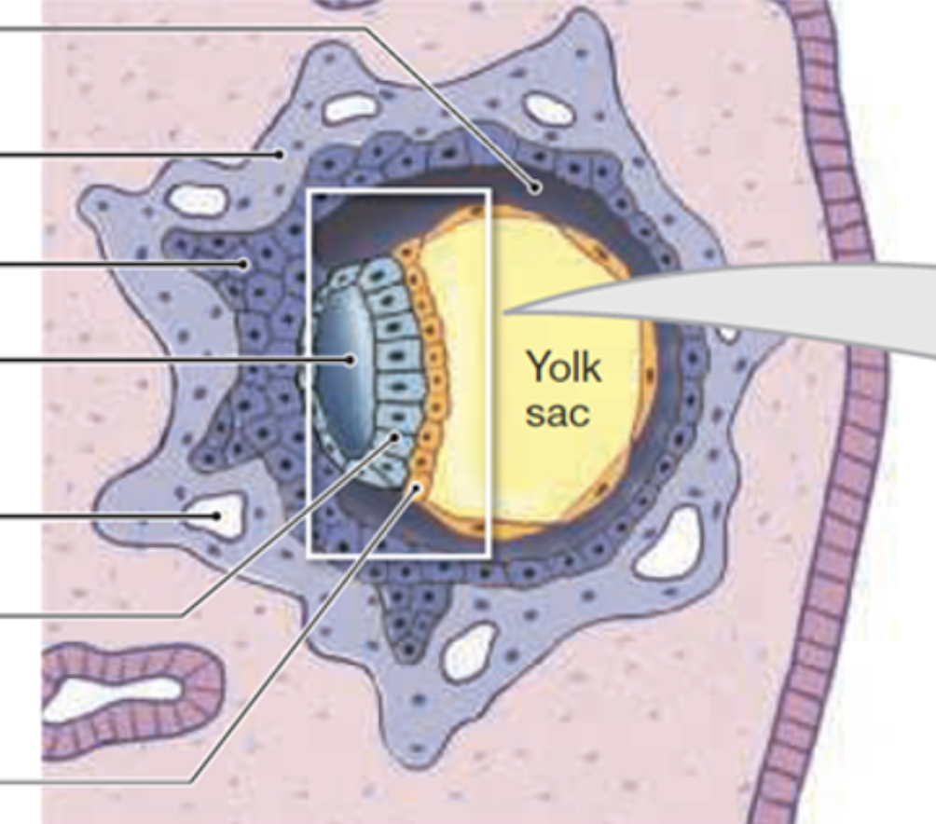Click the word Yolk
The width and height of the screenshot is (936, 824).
564,367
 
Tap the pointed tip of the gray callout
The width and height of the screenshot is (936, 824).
504,311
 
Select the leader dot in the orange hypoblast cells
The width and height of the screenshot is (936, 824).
419,486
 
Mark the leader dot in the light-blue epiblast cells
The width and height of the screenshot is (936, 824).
395,436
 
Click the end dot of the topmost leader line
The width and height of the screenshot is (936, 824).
536,187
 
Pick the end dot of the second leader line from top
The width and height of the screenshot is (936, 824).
279,155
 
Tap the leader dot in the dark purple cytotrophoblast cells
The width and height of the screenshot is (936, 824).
244,264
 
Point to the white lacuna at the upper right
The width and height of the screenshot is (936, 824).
548,109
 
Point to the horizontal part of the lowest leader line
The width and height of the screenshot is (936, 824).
93,781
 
